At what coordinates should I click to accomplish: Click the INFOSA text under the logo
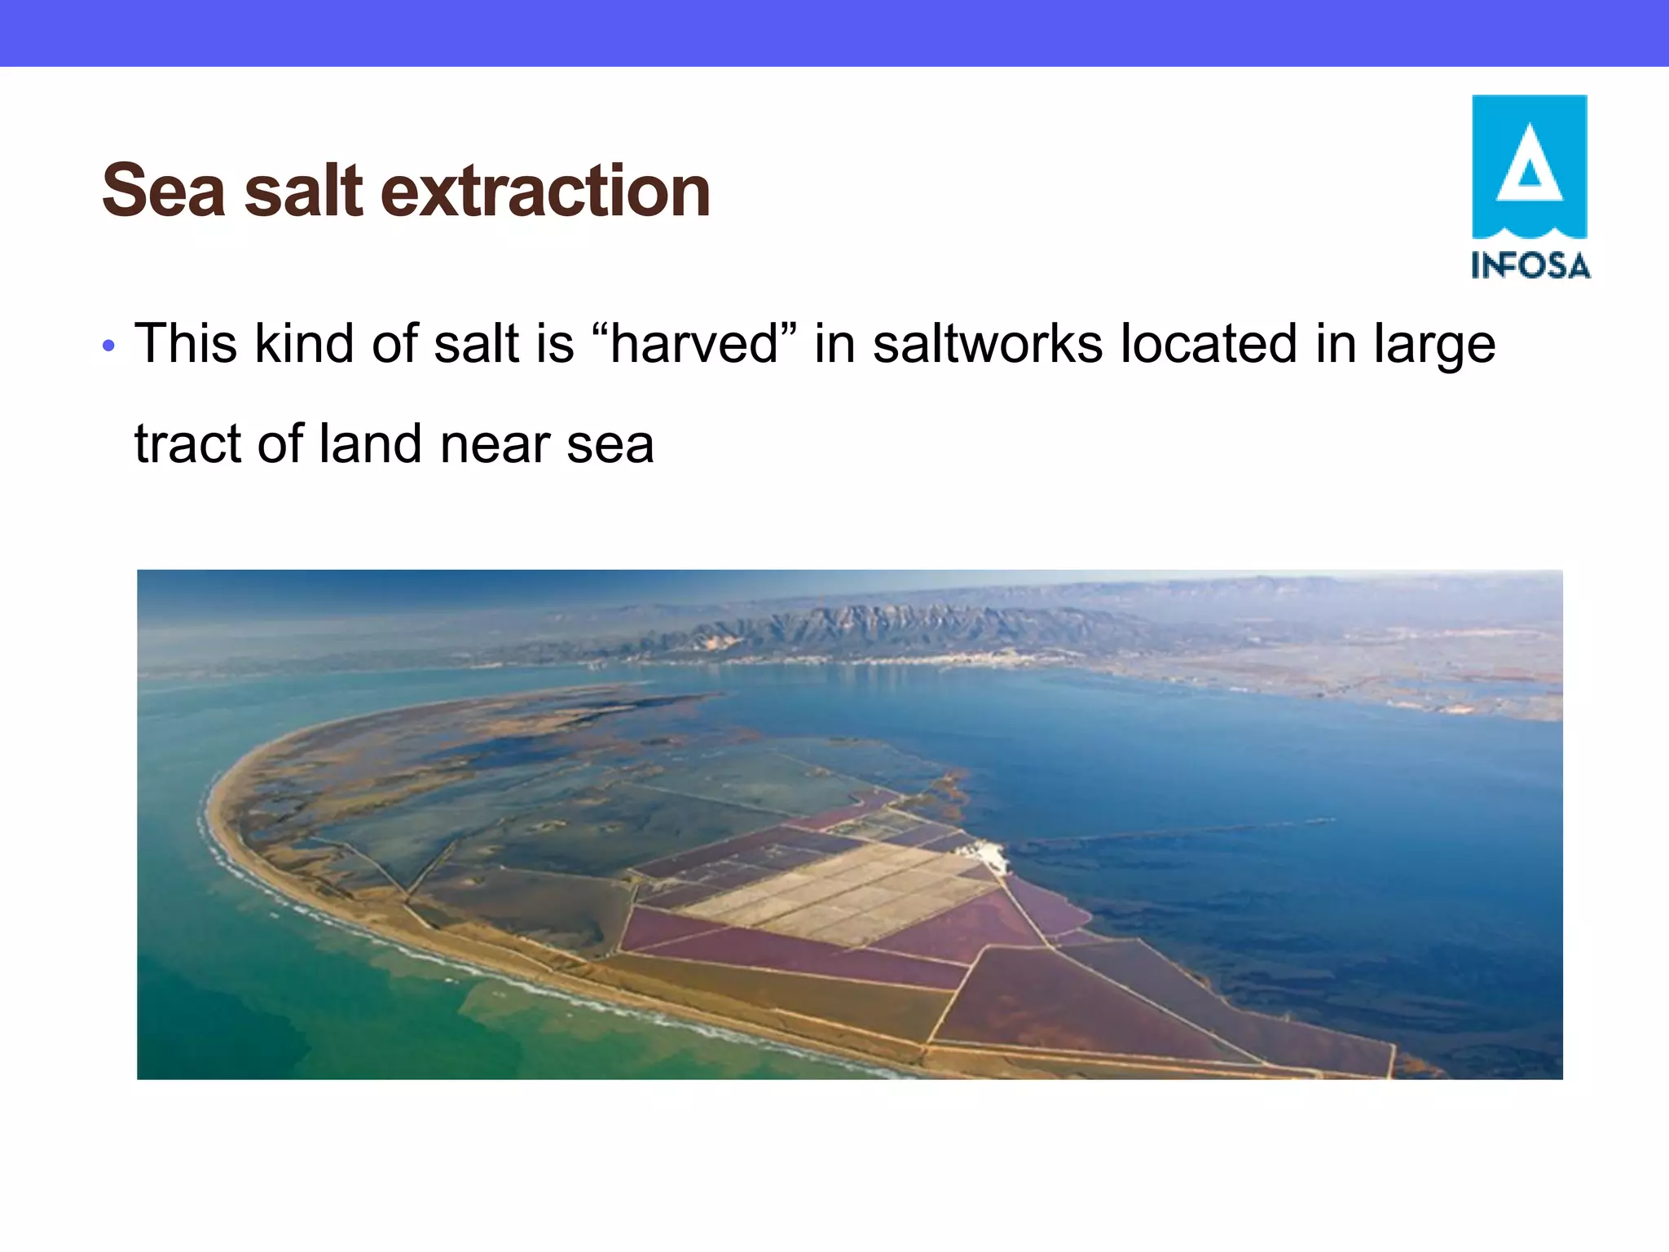click(1530, 266)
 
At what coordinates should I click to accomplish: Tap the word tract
click(188, 444)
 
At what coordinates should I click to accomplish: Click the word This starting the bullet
click(186, 342)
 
